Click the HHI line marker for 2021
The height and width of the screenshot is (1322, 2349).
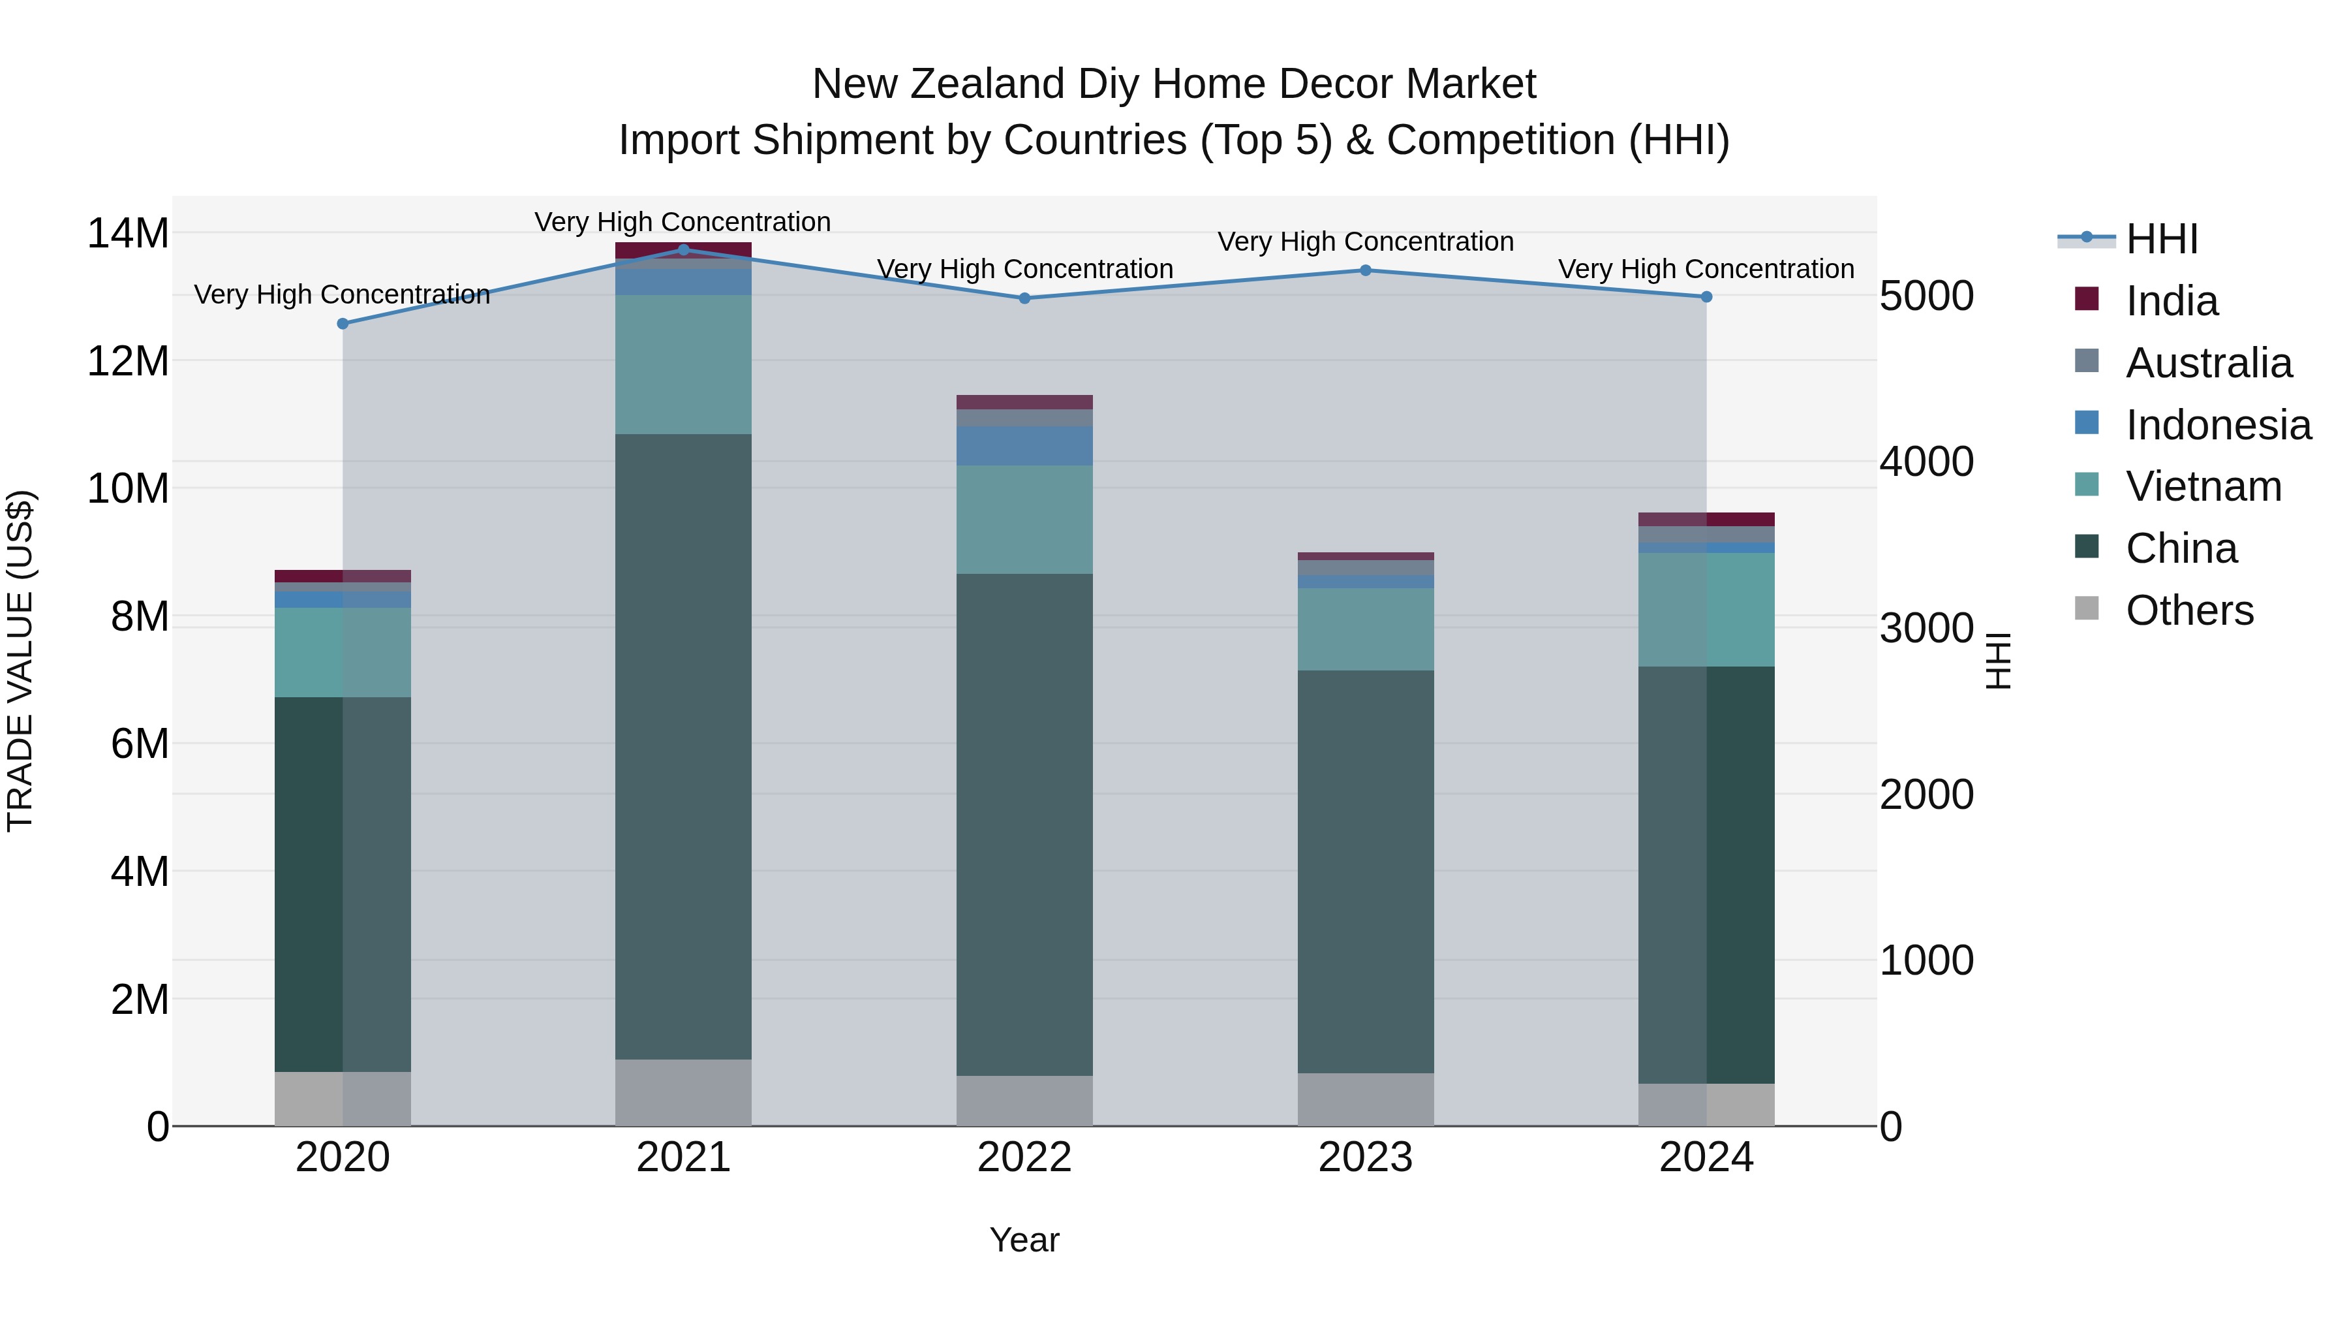(x=683, y=249)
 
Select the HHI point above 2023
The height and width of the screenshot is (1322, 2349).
(x=1365, y=270)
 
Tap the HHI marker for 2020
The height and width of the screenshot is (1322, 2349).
(x=343, y=324)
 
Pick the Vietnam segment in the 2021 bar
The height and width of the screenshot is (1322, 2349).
(x=683, y=364)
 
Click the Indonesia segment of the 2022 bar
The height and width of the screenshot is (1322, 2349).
(x=1024, y=446)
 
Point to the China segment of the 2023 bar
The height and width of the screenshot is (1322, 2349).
(x=1365, y=872)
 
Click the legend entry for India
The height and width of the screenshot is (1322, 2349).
(x=2171, y=301)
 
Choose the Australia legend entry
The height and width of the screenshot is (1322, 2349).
(x=2207, y=363)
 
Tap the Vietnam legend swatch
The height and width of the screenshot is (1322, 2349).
(x=2087, y=484)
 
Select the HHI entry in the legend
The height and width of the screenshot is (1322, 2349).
(x=2161, y=239)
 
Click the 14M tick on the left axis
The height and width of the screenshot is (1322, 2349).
(x=128, y=234)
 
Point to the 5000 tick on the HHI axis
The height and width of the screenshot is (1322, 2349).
(x=1926, y=296)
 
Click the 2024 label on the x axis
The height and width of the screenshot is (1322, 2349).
(x=1706, y=1157)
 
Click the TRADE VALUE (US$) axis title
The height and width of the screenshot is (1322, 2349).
(x=20, y=661)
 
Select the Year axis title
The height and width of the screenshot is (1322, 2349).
(x=1024, y=1240)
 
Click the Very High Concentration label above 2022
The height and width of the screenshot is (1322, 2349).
(x=1024, y=269)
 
